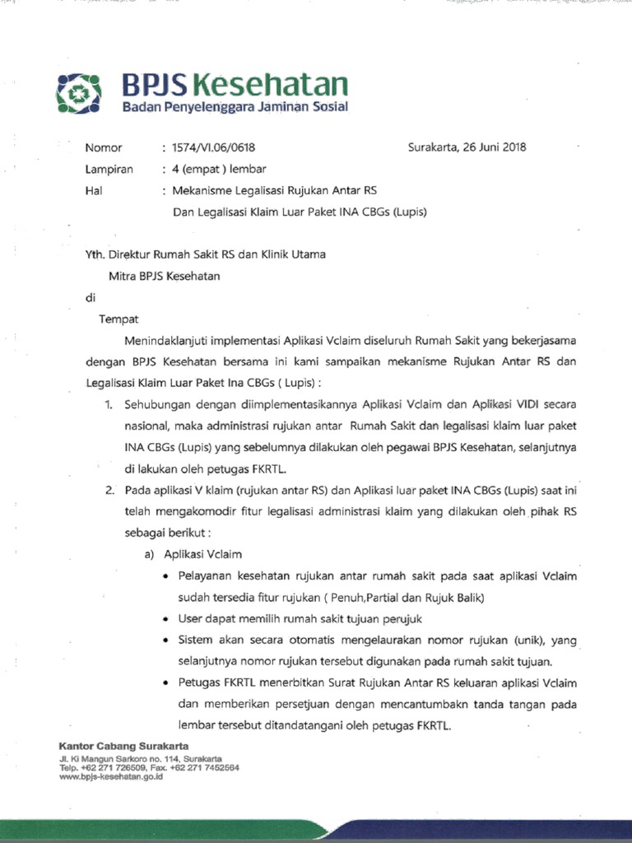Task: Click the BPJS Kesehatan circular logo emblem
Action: point(77,91)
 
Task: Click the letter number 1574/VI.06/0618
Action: point(214,148)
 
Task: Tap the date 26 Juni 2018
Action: point(491,148)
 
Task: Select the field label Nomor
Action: point(104,148)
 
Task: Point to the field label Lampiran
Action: point(109,170)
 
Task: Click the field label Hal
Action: point(94,191)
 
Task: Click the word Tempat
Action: point(119,319)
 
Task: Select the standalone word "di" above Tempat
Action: point(91,298)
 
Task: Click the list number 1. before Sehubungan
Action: point(109,405)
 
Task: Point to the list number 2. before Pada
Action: point(109,491)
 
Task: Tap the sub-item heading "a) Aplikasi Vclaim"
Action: point(193,555)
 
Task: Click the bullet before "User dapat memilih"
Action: point(168,619)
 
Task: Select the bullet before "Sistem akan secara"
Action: point(168,640)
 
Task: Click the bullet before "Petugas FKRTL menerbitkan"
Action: point(168,683)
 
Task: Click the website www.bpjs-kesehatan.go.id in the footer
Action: point(111,776)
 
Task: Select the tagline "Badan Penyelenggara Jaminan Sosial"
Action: point(235,108)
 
